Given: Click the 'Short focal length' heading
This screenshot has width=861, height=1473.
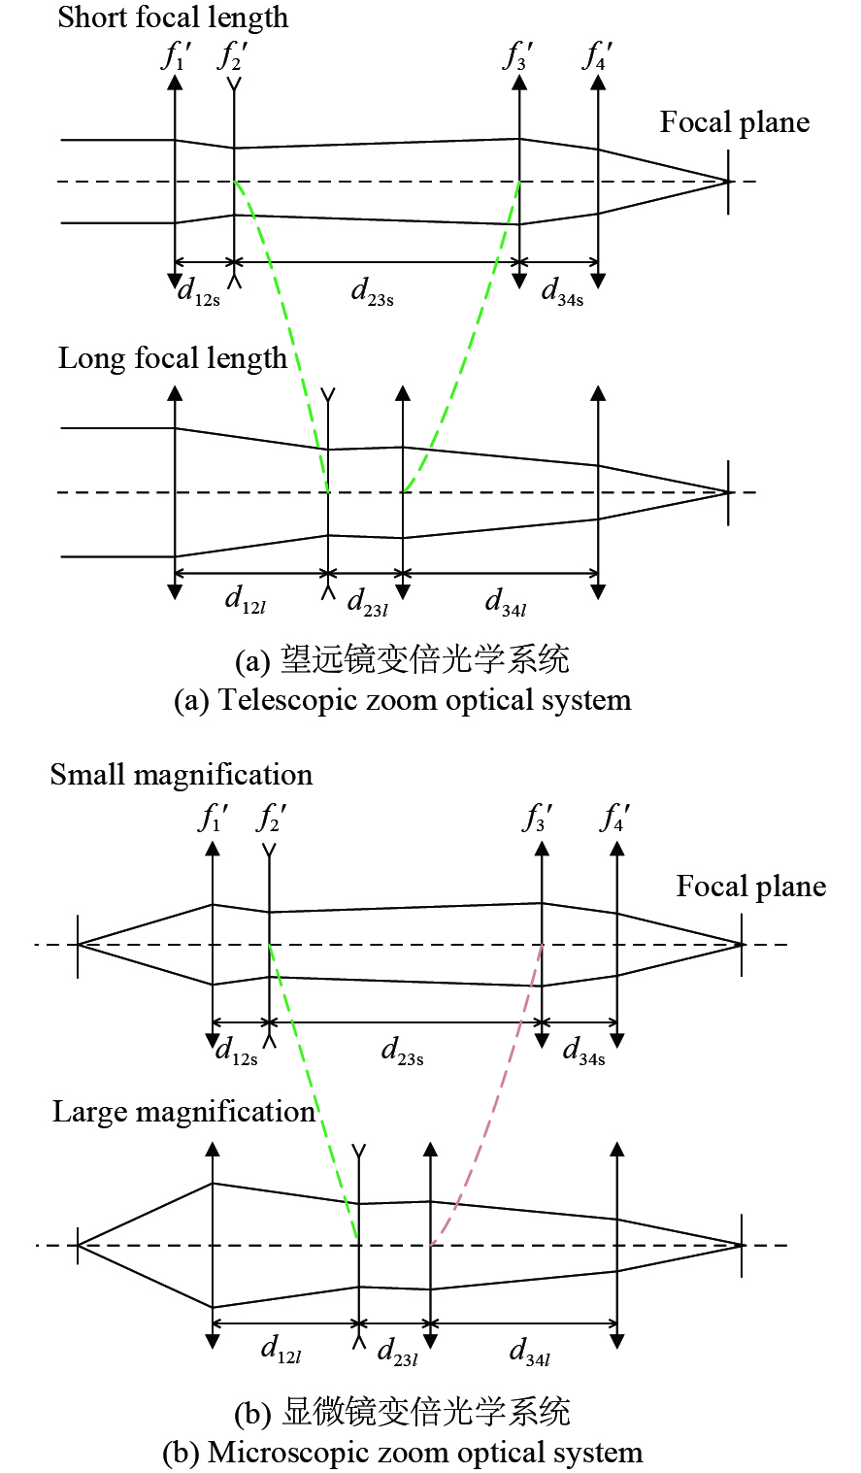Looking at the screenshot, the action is (x=173, y=17).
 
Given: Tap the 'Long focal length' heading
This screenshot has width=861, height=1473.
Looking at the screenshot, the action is (x=173, y=358).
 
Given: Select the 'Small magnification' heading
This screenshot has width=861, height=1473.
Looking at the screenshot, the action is (x=182, y=775).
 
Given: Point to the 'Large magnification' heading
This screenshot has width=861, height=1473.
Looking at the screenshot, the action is (x=184, y=1112).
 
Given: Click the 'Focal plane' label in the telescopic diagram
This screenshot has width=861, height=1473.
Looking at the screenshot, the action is (x=735, y=122).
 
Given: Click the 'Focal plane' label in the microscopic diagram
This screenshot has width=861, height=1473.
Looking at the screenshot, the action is (x=751, y=886).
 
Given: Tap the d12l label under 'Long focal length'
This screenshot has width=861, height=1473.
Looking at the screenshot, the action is (x=246, y=600).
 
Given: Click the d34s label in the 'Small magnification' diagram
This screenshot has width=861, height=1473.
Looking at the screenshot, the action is (x=583, y=1051).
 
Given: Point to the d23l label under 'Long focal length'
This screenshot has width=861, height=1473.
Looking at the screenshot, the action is (x=367, y=602).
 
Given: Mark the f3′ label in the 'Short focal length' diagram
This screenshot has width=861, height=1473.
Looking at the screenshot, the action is (x=517, y=56).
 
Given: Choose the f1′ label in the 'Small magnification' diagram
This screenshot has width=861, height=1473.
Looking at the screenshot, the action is (x=213, y=819).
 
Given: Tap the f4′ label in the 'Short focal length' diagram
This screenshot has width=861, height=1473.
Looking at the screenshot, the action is (x=597, y=56).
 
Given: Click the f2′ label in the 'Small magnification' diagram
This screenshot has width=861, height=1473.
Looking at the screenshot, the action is (x=271, y=819).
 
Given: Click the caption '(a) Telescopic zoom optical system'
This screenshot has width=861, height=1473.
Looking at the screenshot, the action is (x=402, y=700).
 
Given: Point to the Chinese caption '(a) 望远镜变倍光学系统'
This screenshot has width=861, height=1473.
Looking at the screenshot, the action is (x=402, y=660).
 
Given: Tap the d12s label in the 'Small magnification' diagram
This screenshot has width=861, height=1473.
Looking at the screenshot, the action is (x=237, y=1051).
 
